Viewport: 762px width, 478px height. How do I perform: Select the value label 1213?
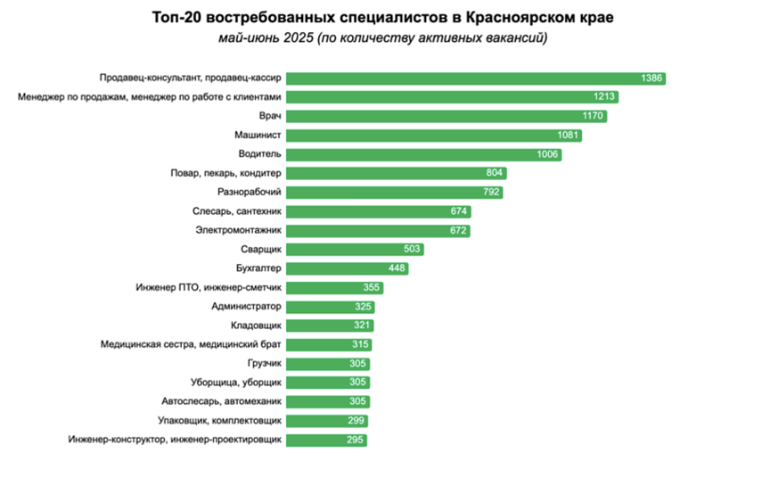tap(605, 97)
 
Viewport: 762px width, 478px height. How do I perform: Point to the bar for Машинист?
tap(428, 136)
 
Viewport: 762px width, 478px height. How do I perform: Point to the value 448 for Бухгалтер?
tap(397, 268)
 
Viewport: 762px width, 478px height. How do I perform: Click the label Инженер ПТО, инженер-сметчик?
tap(209, 287)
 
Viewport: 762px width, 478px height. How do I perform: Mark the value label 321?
tap(360, 326)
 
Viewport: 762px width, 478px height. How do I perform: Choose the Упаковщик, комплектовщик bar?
tap(321, 421)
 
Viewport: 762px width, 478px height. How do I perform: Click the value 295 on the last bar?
tap(355, 440)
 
